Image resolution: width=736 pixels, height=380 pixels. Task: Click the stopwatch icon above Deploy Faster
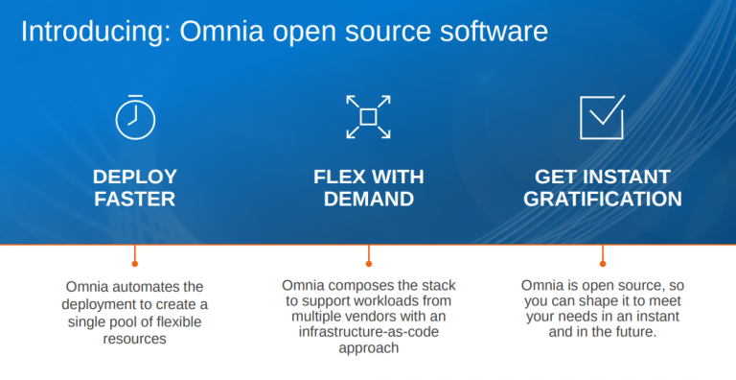pyautogui.click(x=135, y=117)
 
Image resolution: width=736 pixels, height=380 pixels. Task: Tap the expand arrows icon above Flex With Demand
pyautogui.click(x=368, y=117)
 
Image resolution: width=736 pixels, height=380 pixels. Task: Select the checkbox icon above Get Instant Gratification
pyautogui.click(x=602, y=117)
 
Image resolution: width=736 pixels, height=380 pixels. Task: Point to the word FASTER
pyautogui.click(x=135, y=200)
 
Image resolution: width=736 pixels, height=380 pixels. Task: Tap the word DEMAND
pyautogui.click(x=369, y=200)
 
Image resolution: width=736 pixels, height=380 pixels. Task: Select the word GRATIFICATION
pyautogui.click(x=603, y=200)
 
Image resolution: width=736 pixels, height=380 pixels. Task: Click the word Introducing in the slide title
pyautogui.click(x=82, y=32)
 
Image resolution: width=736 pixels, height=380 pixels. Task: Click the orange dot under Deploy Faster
pyautogui.click(x=135, y=262)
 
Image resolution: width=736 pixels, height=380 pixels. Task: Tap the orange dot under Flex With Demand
pyautogui.click(x=369, y=262)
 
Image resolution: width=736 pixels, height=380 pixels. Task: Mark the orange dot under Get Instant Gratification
pyautogui.click(x=603, y=262)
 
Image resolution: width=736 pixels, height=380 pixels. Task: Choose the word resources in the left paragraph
pyautogui.click(x=135, y=339)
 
